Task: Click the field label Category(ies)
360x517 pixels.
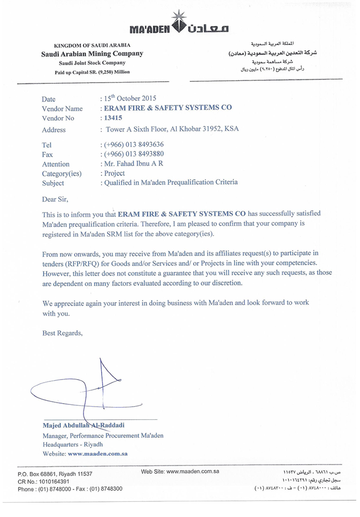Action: tap(59, 174)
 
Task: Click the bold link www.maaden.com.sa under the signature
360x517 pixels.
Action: tap(98, 454)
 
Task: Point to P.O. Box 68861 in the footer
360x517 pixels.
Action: tap(55, 474)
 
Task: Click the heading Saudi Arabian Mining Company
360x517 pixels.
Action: tap(92, 54)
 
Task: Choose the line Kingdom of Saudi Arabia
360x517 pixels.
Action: tap(92, 46)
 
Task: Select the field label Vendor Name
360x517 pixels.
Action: tap(62, 109)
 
